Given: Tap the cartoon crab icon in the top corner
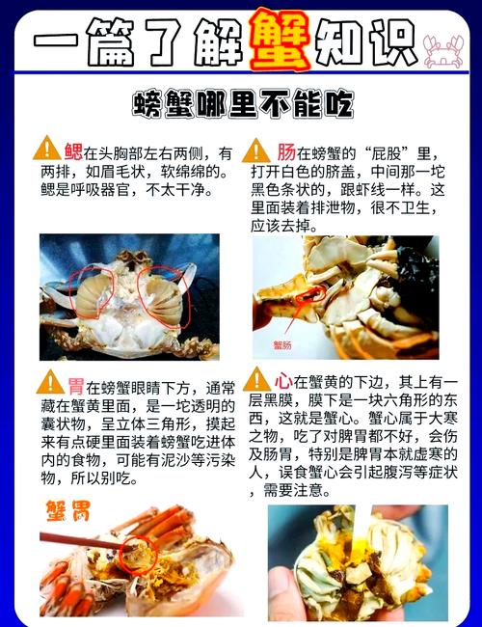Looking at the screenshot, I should point(444,47).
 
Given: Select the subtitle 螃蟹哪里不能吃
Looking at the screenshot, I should point(242,104).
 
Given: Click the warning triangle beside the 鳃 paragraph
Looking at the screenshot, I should point(46,150).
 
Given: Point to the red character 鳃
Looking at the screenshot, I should point(73,151).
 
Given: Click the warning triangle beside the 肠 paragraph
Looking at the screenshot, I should point(255,150).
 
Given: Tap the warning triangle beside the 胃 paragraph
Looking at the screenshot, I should point(50,382).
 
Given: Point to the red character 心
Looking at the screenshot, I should point(283,380).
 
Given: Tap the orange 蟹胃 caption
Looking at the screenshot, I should point(68,508).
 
